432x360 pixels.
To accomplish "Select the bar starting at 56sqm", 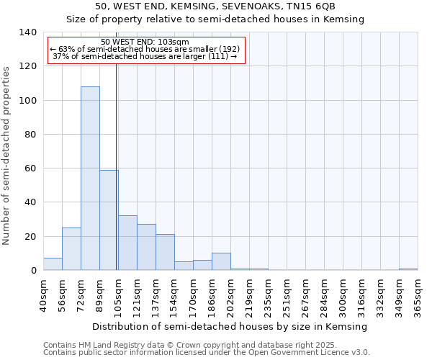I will click(x=71, y=249).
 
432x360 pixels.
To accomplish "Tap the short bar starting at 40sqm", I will click(x=53, y=264).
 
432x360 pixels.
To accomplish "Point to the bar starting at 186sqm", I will click(x=221, y=262).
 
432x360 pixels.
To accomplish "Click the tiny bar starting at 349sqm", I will click(x=408, y=269).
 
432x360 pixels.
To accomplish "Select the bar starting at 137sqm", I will click(x=165, y=253).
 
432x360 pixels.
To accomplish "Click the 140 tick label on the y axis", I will click(x=27, y=32).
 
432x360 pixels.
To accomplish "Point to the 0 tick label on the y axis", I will click(x=32, y=271).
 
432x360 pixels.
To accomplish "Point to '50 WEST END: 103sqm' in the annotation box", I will click(x=145, y=42).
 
